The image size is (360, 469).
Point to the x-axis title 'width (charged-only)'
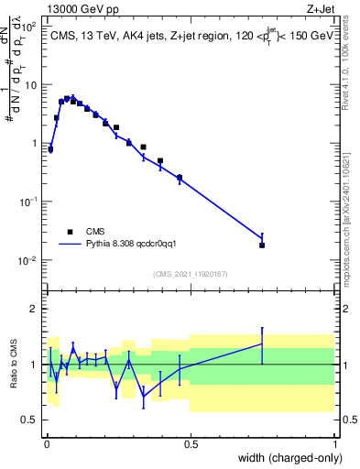click(287, 459)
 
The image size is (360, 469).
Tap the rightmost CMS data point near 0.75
click(262, 245)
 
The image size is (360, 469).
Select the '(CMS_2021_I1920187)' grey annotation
click(190, 274)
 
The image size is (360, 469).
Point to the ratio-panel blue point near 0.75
click(262, 344)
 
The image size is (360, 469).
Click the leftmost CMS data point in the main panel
click(50, 148)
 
